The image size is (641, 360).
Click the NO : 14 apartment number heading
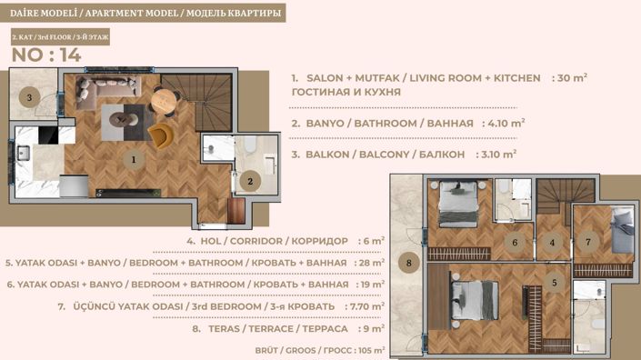(x=46, y=55)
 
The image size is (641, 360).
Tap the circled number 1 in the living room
(x=133, y=160)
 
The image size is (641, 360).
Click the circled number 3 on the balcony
(x=29, y=97)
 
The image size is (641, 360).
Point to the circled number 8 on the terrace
(x=409, y=265)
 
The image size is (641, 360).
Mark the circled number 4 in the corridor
(x=551, y=243)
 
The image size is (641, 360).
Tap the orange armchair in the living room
(x=160, y=135)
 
